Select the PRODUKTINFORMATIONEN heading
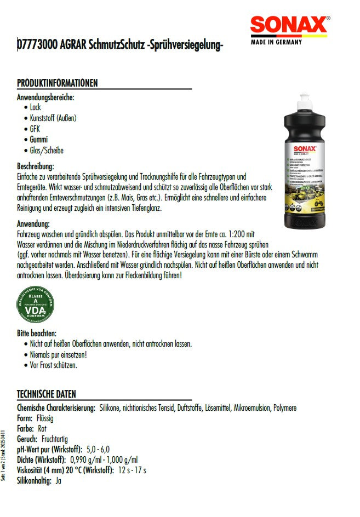coord(57,83)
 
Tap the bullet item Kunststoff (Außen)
coord(53,118)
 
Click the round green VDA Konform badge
coord(36,307)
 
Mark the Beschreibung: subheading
coord(36,166)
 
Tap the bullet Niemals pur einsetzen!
coord(59,354)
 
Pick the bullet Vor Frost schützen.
coord(54,365)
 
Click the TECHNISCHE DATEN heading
coord(47,394)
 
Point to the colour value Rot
coord(42,428)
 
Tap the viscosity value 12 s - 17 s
coord(132,470)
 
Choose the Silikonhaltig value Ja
coord(58,480)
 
